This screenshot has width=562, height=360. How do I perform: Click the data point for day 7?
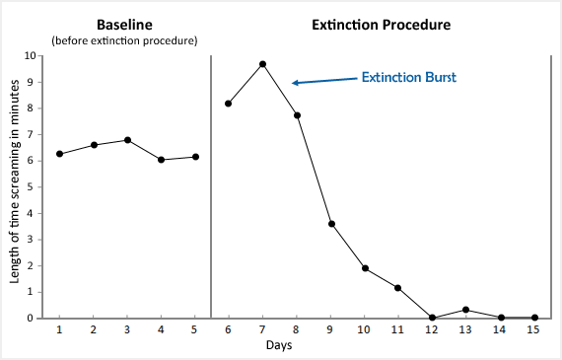tap(262, 64)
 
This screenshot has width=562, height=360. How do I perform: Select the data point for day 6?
tap(229, 104)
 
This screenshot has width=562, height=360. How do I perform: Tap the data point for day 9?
tap(331, 224)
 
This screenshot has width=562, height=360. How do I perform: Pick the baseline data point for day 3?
tap(127, 140)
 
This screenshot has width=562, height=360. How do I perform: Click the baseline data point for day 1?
tap(59, 154)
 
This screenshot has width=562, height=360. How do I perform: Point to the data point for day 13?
tap(466, 310)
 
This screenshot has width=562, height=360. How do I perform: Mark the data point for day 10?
tap(365, 268)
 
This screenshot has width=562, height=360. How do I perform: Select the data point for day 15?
tap(534, 318)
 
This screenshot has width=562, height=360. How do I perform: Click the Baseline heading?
tap(123, 24)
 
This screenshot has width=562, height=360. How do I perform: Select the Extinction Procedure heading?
tap(382, 24)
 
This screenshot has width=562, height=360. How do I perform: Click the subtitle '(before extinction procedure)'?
tap(123, 40)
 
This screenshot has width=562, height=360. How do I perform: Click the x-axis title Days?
tap(278, 345)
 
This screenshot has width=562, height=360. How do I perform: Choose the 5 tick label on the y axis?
tap(34, 186)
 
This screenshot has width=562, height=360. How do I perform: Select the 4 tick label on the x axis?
tap(161, 330)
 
